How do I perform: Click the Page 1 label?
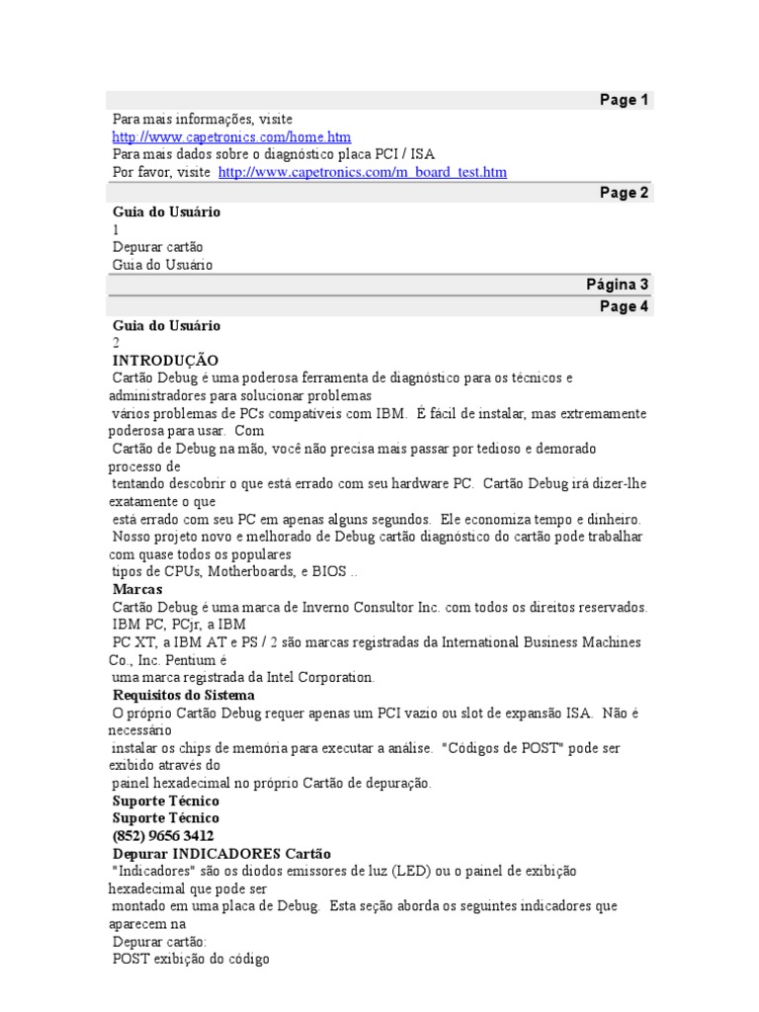pyautogui.click(x=624, y=100)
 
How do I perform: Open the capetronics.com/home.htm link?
pyautogui.click(x=231, y=136)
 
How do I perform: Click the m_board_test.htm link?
pyautogui.click(x=362, y=172)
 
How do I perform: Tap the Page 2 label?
pyautogui.click(x=624, y=193)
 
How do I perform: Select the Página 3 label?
pyautogui.click(x=617, y=285)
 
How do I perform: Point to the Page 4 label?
pyautogui.click(x=624, y=306)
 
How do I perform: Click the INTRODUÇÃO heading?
pyautogui.click(x=165, y=361)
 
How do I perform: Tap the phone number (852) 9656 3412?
pyautogui.click(x=163, y=835)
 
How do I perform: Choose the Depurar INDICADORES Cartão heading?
pyautogui.click(x=222, y=853)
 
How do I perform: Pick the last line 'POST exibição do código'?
pyautogui.click(x=191, y=959)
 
